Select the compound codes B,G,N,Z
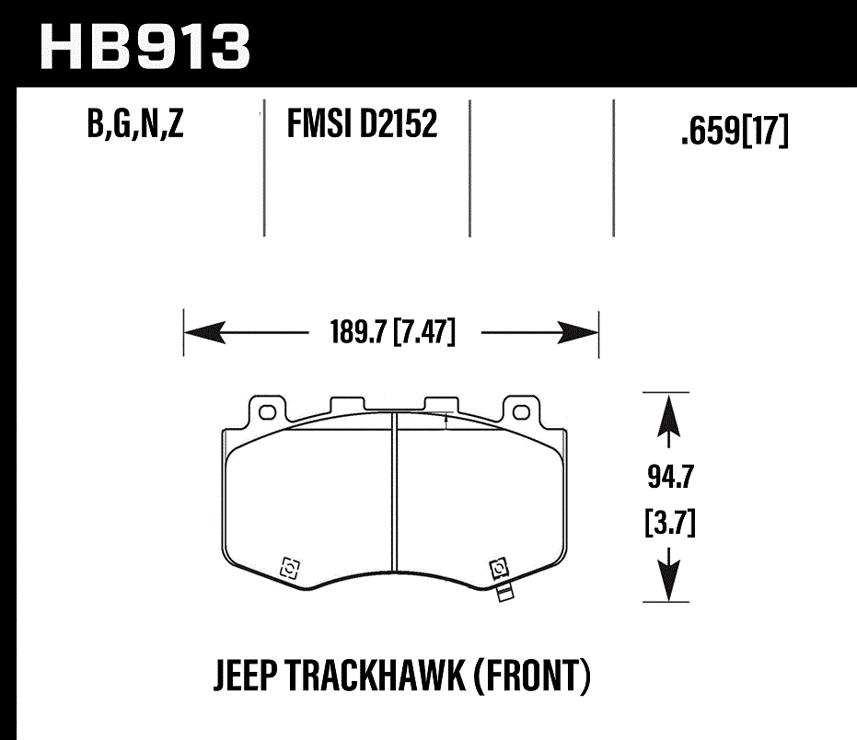click(x=135, y=125)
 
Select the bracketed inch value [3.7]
click(x=668, y=526)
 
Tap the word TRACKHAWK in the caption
click(x=381, y=676)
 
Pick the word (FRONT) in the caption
click(x=533, y=676)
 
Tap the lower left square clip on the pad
click(x=289, y=568)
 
